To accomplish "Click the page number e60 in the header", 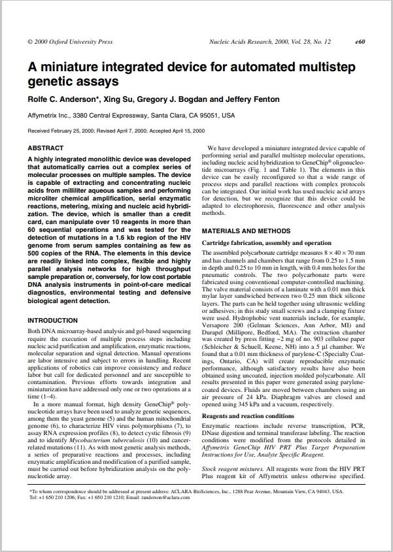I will pyautogui.click(x=360, y=42).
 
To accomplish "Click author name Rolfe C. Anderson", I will pyautogui.click(x=62, y=99).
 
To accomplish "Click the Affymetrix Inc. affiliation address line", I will pyautogui.click(x=131, y=116).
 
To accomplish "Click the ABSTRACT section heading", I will pyautogui.click(x=46, y=148).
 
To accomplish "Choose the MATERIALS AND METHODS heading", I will pyautogui.click(x=246, y=231).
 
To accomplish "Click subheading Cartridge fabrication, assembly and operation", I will pyautogui.click(x=266, y=243).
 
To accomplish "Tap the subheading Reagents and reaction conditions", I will pyautogui.click(x=248, y=416).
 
